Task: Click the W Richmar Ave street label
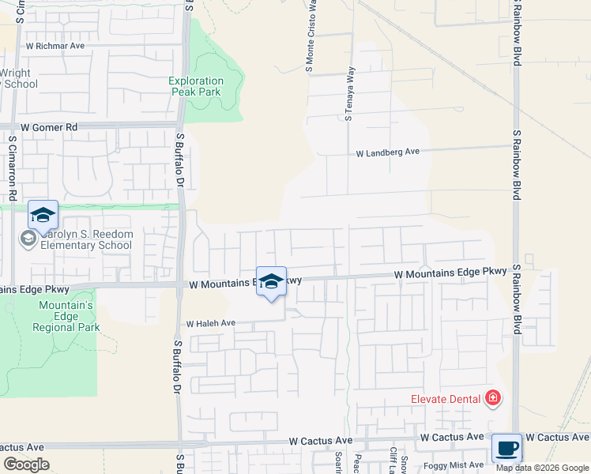55,46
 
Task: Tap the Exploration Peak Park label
197,86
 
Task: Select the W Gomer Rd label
50,127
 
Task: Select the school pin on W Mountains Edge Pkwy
271,283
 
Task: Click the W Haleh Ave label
211,323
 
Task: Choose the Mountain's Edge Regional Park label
66,316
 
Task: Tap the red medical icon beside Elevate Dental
493,397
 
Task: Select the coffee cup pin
506,448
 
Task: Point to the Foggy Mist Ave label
457,465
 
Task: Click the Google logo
26,465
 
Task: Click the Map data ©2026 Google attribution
543,468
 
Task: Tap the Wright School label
17,79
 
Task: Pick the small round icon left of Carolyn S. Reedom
28,239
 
